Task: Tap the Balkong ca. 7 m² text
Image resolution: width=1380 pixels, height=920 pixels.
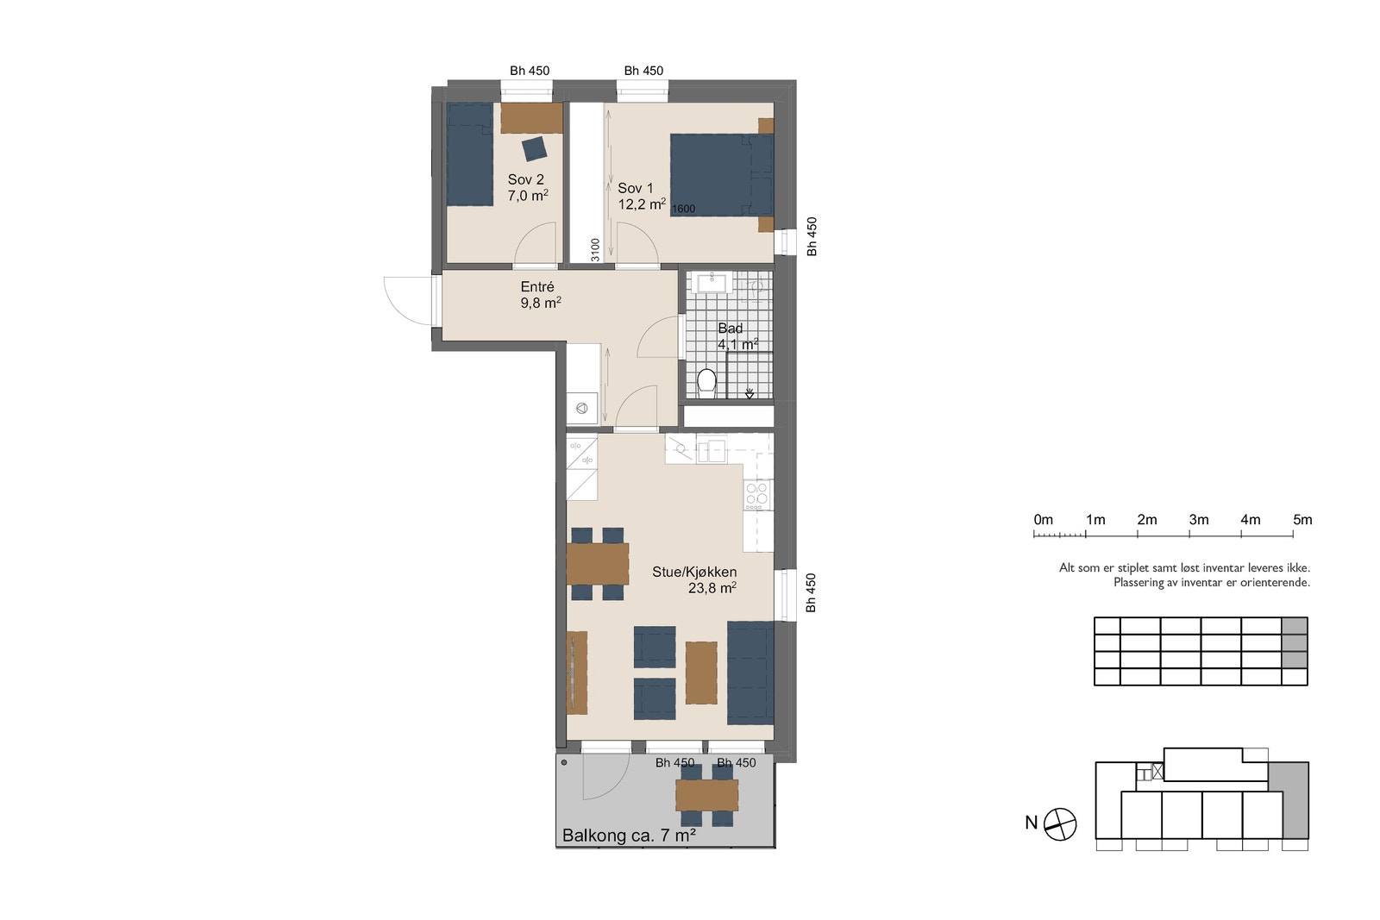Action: coord(629,836)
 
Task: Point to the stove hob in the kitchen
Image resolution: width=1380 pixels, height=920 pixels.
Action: coord(757,494)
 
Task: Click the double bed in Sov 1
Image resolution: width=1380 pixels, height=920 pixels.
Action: coord(721,176)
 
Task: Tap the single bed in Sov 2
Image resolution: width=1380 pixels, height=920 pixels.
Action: coord(469,154)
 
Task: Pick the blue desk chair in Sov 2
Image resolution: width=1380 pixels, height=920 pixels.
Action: coord(534,148)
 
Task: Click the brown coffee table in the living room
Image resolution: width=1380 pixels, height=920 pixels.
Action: coord(701,673)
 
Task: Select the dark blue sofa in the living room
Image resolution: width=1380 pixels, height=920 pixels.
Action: coord(750,673)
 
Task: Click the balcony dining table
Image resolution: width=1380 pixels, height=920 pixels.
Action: coord(706,795)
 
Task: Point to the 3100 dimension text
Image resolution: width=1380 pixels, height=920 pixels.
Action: coord(595,250)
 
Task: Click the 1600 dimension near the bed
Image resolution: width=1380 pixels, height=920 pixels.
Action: coord(683,209)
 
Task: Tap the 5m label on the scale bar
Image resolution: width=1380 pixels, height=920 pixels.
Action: coord(1302,520)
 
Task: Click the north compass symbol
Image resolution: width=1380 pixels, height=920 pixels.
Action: coord(1060,824)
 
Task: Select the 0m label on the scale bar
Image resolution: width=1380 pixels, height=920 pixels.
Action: coord(1043,520)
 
